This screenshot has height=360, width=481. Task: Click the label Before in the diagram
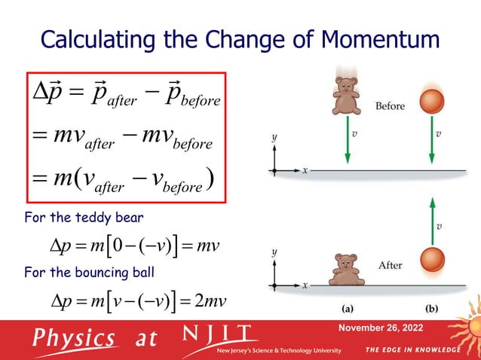click(390, 106)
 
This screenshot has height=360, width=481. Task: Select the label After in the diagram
click(390, 265)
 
